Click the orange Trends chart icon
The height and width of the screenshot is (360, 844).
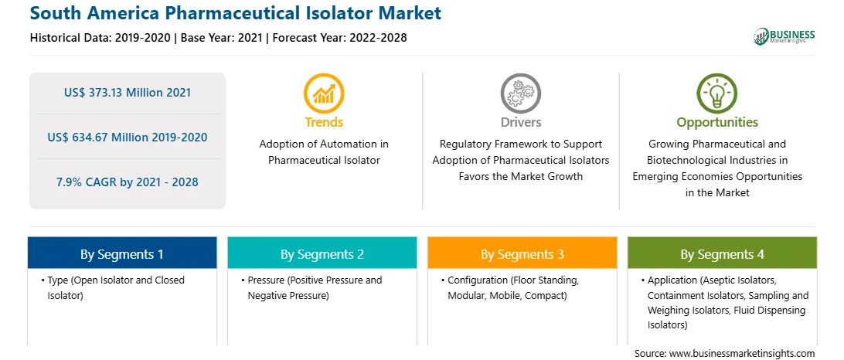pos(324,93)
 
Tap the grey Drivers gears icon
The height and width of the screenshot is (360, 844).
pos(520,93)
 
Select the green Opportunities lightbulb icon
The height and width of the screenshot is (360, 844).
pos(717,93)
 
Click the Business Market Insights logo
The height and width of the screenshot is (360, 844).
pos(784,36)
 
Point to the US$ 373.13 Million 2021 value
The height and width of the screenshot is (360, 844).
pos(128,93)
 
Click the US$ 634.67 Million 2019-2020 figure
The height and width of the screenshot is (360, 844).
pos(128,138)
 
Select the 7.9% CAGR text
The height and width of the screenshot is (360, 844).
pos(128,182)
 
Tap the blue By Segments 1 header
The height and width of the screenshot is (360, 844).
pos(122,254)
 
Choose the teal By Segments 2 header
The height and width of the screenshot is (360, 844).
pos(322,254)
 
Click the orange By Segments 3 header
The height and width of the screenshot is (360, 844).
pos(522,254)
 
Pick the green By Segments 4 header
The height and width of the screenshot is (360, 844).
pos(723,254)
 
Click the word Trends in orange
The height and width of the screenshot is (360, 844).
pos(324,122)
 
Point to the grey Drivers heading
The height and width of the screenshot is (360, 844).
pos(521,122)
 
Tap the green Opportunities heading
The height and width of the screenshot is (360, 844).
pos(717,122)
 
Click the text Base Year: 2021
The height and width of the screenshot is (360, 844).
pos(221,38)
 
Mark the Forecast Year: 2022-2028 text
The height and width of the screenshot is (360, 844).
pos(337,38)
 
